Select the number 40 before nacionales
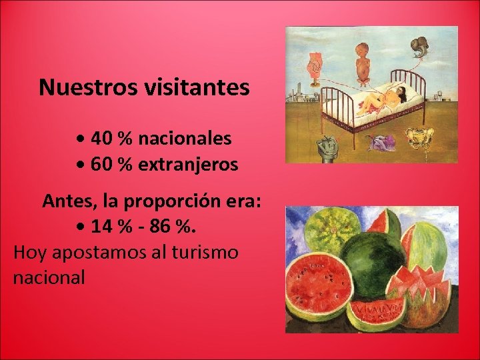(101, 139)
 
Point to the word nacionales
(185, 139)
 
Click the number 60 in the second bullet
(101, 164)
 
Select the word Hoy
(30, 252)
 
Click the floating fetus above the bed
(363, 62)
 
